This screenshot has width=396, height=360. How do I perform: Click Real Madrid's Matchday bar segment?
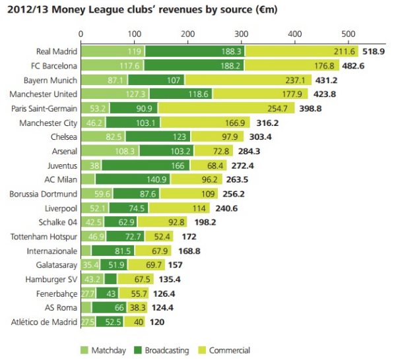tap(112, 51)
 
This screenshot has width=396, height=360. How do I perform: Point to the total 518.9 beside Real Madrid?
tap(374, 51)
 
